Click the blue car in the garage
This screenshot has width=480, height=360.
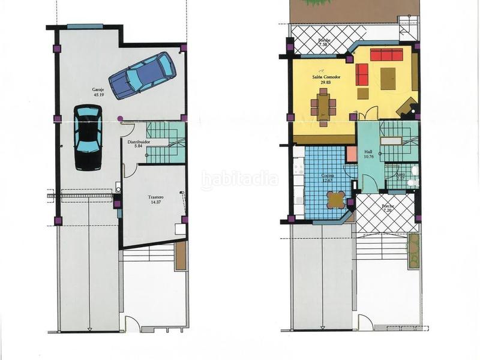(x=142, y=76)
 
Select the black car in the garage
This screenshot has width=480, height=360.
(x=88, y=137)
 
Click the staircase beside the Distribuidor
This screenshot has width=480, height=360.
(x=166, y=142)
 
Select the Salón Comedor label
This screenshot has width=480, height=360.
(x=326, y=77)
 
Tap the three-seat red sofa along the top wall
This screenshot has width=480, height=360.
(x=386, y=55)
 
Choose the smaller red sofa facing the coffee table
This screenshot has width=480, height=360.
(x=362, y=74)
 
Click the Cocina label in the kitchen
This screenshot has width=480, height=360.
(x=328, y=175)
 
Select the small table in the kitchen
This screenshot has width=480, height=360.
(x=337, y=199)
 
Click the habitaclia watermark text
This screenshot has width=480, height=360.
(x=239, y=178)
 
